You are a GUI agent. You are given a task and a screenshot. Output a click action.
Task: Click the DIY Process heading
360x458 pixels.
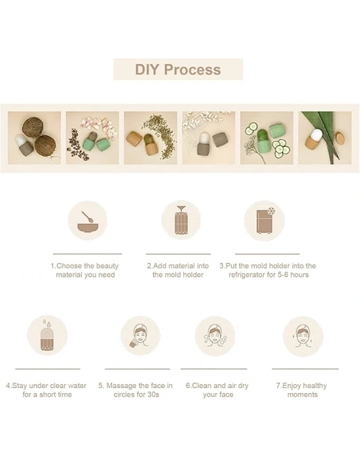tap(178, 69)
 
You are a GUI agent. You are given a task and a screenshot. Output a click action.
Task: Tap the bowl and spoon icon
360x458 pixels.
tap(88, 220)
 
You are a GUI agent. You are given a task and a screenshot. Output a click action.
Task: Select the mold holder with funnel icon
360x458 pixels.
tap(181, 220)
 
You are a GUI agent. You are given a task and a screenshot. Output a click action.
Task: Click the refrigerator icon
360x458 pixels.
tap(264, 220)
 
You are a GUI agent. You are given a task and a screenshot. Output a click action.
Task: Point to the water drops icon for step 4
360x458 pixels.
tap(47, 335)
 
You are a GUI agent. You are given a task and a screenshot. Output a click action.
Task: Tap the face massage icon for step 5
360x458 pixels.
tap(140, 336)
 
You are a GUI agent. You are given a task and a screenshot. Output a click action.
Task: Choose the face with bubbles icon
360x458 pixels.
tap(215, 336)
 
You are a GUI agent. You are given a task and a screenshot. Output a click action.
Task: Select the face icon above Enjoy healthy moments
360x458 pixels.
tap(303, 336)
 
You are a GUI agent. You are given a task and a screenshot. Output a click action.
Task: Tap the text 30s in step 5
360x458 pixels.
tap(153, 395)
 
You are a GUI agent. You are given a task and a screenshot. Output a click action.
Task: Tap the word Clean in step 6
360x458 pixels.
tap(202, 385)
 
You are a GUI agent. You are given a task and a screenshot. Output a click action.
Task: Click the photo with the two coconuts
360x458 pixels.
tap(35, 138)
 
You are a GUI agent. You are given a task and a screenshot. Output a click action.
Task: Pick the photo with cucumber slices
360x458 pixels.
tap(267, 138)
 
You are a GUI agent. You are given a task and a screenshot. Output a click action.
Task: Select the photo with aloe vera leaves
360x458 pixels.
tap(325, 138)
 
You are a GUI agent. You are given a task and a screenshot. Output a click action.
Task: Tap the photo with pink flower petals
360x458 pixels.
tap(92, 138)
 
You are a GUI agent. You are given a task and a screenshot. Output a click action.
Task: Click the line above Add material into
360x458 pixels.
tap(178, 254)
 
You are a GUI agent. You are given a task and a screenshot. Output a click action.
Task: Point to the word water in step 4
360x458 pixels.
tap(77, 385)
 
